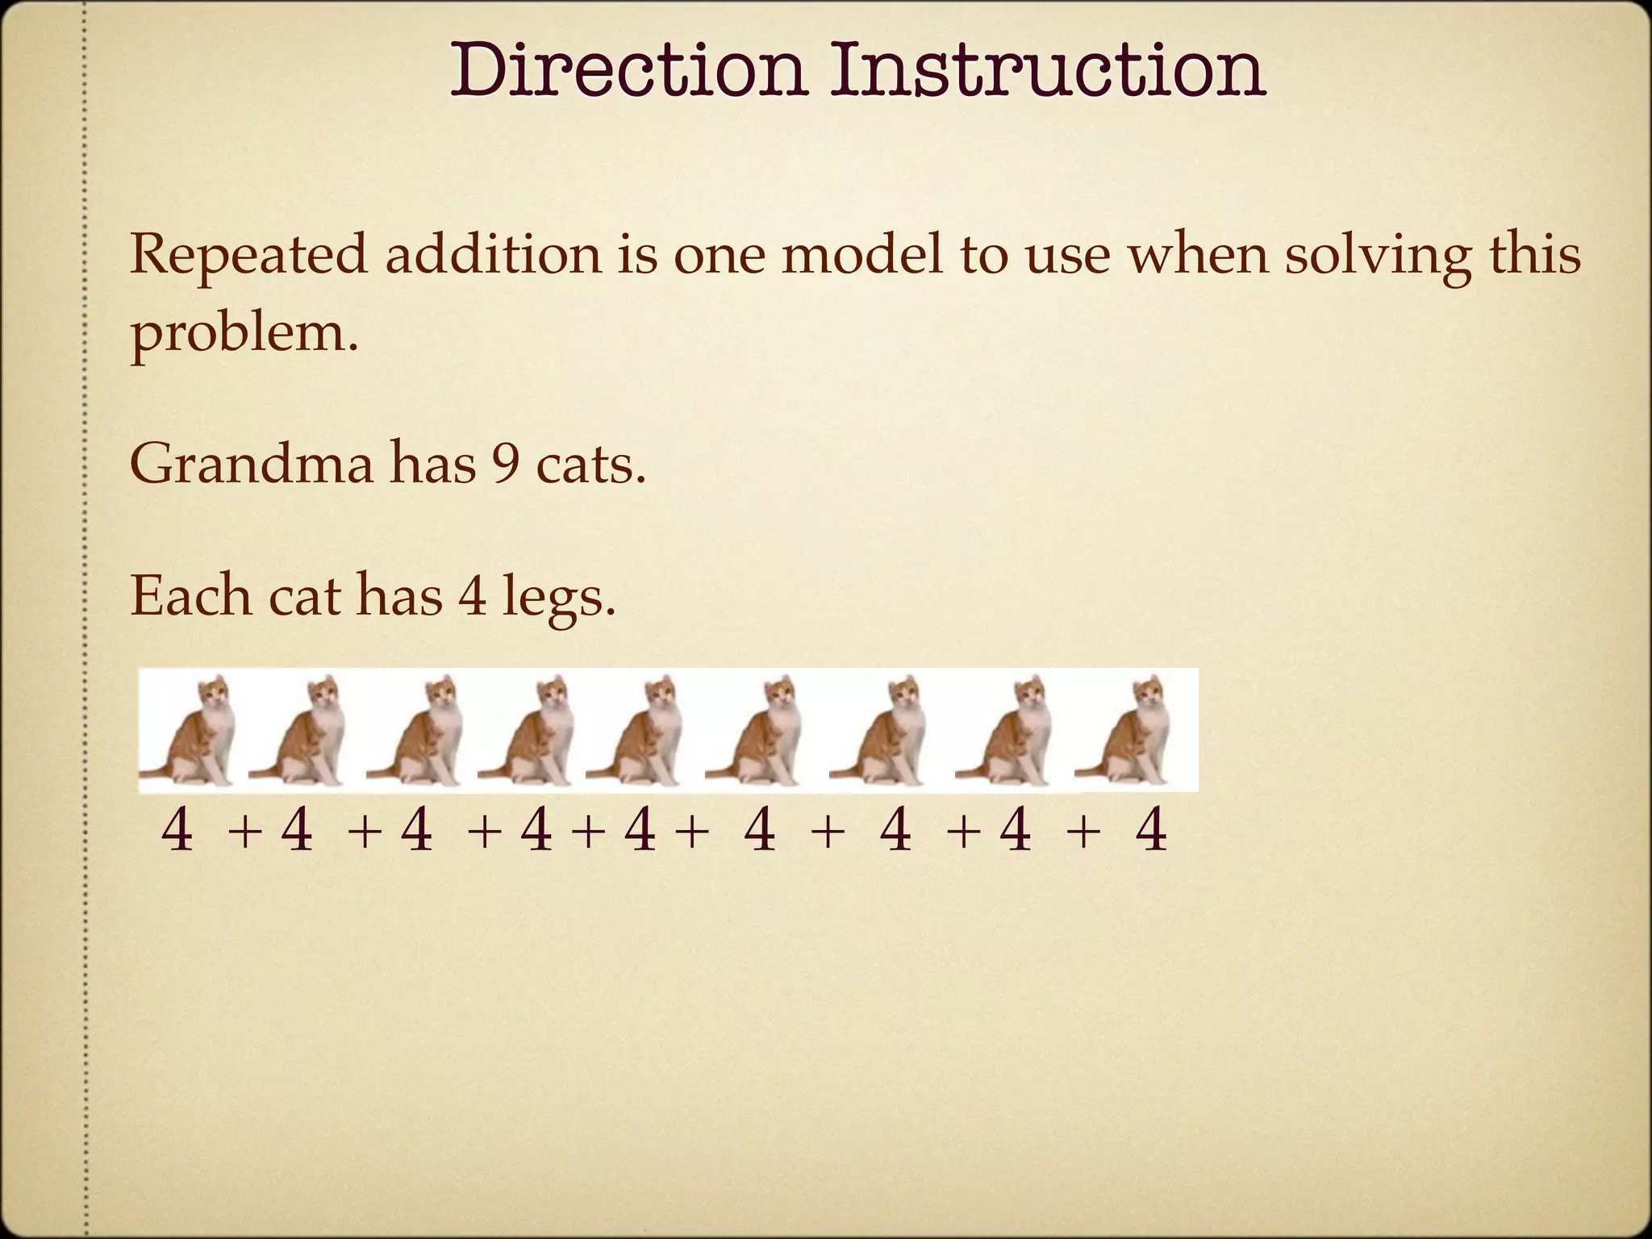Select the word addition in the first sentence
click(493, 255)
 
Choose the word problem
click(243, 332)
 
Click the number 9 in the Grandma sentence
click(506, 465)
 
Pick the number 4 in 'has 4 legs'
click(473, 596)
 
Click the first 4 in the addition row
click(177, 831)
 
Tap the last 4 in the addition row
click(1151, 831)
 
